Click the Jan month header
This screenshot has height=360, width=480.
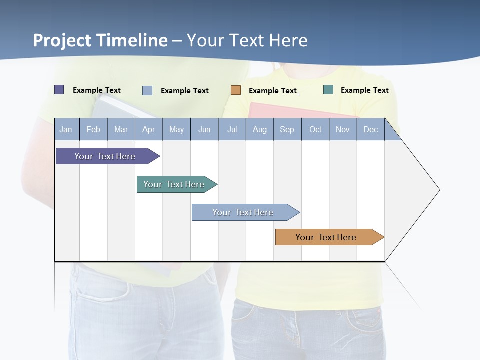66,129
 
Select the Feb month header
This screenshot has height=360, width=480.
93,129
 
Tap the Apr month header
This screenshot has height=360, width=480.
148,129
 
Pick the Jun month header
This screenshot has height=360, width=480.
204,129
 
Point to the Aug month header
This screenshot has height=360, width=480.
259,129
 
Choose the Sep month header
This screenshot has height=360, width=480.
287,129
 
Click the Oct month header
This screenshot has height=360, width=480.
315,129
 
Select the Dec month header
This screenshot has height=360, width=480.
370,129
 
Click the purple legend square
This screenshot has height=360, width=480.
59,90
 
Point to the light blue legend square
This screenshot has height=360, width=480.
147,90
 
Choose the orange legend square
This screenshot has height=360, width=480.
236,90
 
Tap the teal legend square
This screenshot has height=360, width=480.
328,90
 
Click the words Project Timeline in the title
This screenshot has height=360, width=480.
100,40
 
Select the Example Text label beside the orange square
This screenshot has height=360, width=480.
272,90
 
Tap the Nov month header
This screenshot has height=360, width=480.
343,129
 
